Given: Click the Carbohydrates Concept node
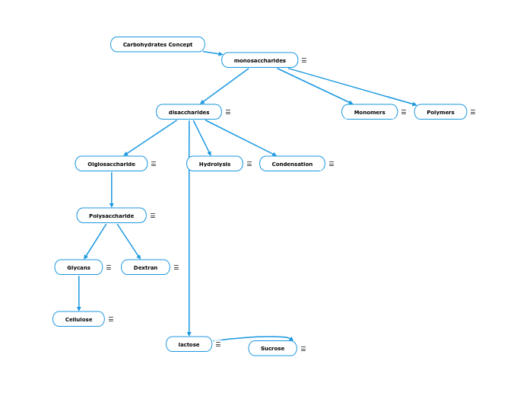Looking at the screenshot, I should tap(157, 44).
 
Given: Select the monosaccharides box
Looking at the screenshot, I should tap(259, 60).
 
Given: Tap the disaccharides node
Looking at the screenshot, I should tap(189, 112).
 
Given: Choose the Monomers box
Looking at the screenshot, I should tap(370, 112).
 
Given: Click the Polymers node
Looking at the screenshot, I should tap(440, 112).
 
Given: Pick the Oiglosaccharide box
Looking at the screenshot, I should tap(111, 164).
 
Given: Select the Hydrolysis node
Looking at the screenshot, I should tap(214, 164).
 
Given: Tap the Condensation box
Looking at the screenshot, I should tap(292, 164).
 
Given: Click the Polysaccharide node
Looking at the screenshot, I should tap(111, 216).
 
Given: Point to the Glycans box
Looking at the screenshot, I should tap(78, 267).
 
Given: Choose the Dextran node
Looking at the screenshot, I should tap(145, 267).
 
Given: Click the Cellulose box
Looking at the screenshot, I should tap(78, 319).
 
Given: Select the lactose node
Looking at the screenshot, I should tap(189, 344).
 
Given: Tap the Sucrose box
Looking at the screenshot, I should tap(272, 349).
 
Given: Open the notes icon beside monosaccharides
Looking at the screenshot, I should tap(304, 60).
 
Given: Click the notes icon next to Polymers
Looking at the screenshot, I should tap(473, 112).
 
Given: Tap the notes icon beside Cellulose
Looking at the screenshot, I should tap(111, 319).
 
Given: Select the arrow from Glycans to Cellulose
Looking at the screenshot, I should tap(78, 293).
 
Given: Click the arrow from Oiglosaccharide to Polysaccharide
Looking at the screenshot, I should tap(111, 190).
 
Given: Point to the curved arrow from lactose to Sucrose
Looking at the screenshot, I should tap(255, 337).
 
